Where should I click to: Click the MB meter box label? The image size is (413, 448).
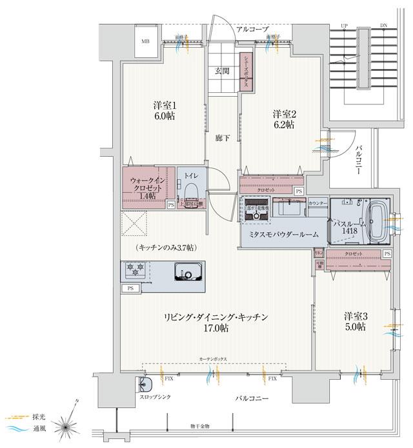[x=146, y=40]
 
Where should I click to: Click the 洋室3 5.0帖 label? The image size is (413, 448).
[x=355, y=321]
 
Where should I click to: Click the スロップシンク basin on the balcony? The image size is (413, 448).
[x=146, y=385]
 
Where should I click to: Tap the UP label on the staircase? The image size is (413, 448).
[x=344, y=26]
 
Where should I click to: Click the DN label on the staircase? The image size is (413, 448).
[x=384, y=26]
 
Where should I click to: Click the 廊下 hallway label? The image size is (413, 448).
[x=220, y=138]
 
